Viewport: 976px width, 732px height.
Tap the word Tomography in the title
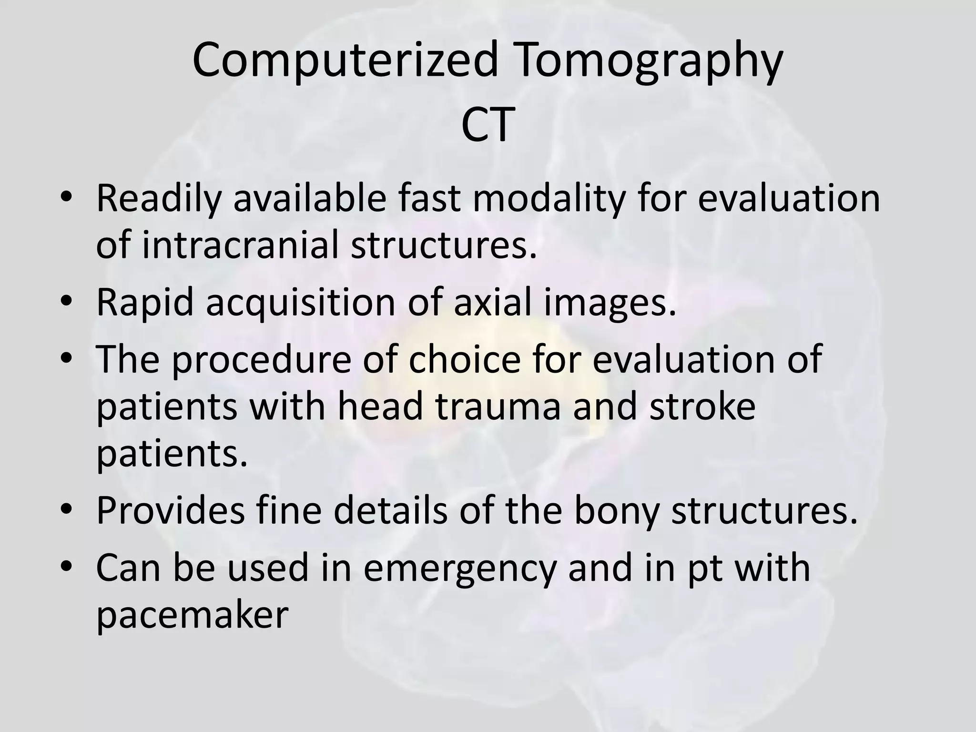click(649, 61)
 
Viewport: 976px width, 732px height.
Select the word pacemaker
click(192, 615)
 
